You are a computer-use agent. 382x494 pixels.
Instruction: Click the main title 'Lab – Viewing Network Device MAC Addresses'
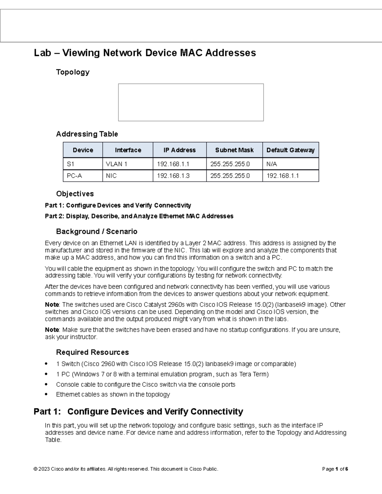click(145, 53)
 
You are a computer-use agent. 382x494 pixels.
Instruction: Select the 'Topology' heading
click(73, 72)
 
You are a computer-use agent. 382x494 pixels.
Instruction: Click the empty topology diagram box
click(191, 102)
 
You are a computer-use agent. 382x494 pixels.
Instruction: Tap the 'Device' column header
click(83, 150)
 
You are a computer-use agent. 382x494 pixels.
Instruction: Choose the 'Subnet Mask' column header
click(234, 150)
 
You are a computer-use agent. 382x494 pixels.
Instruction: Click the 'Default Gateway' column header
click(290, 150)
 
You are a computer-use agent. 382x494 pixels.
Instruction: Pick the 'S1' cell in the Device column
click(70, 164)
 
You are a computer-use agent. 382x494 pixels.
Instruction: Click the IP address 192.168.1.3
click(173, 176)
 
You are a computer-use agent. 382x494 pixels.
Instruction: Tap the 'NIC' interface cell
click(111, 176)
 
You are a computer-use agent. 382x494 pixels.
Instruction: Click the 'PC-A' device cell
click(74, 176)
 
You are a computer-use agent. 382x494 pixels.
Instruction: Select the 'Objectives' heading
click(75, 194)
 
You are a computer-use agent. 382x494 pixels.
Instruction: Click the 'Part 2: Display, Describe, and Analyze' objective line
click(139, 216)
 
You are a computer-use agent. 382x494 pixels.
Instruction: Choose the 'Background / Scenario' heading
click(96, 231)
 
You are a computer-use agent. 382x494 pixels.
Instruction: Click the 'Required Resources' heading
click(92, 352)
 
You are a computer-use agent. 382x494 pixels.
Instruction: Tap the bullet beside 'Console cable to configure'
click(47, 384)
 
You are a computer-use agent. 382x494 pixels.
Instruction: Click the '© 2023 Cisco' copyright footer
click(126, 469)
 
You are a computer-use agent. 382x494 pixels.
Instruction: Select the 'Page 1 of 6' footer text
click(335, 469)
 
